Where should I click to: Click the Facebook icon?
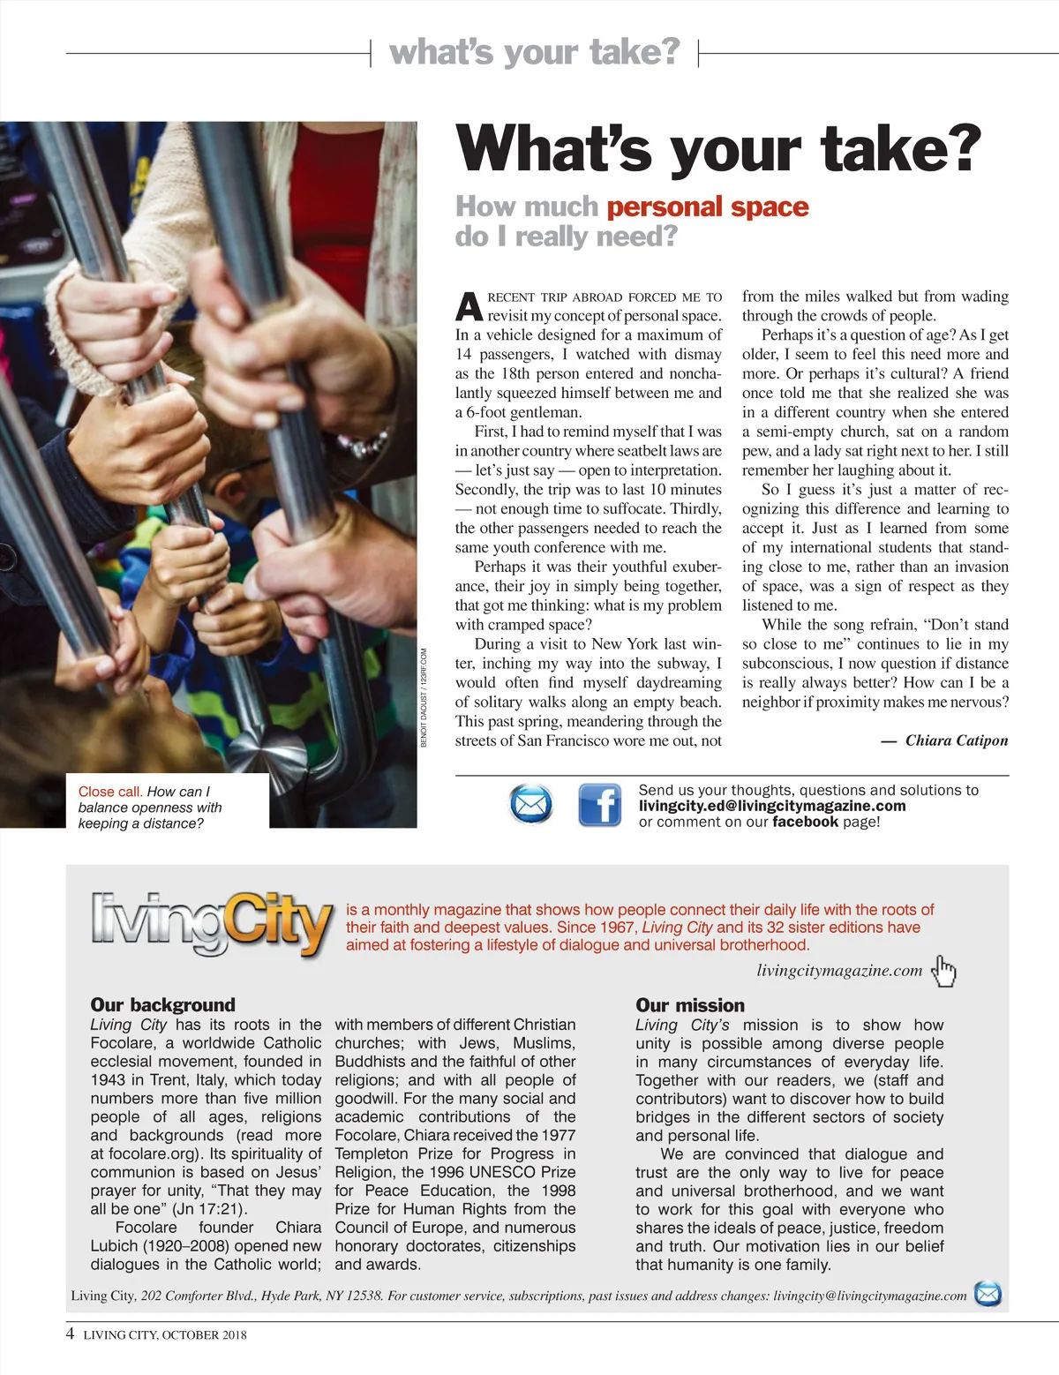[600, 805]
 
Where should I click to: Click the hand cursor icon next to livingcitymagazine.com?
[944, 971]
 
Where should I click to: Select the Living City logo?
[212, 924]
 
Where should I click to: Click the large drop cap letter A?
[469, 306]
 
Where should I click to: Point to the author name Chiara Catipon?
[957, 740]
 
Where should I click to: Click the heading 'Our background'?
[162, 1004]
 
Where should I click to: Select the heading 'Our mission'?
[690, 1005]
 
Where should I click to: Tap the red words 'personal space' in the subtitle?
[708, 207]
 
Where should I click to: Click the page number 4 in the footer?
[71, 1334]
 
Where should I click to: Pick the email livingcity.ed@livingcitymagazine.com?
[772, 806]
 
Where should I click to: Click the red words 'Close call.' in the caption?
[110, 792]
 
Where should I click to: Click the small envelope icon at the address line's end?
[988, 1295]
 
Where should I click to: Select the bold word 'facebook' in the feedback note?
[805, 822]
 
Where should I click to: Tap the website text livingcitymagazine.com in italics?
[839, 971]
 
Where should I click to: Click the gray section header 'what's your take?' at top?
[535, 52]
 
